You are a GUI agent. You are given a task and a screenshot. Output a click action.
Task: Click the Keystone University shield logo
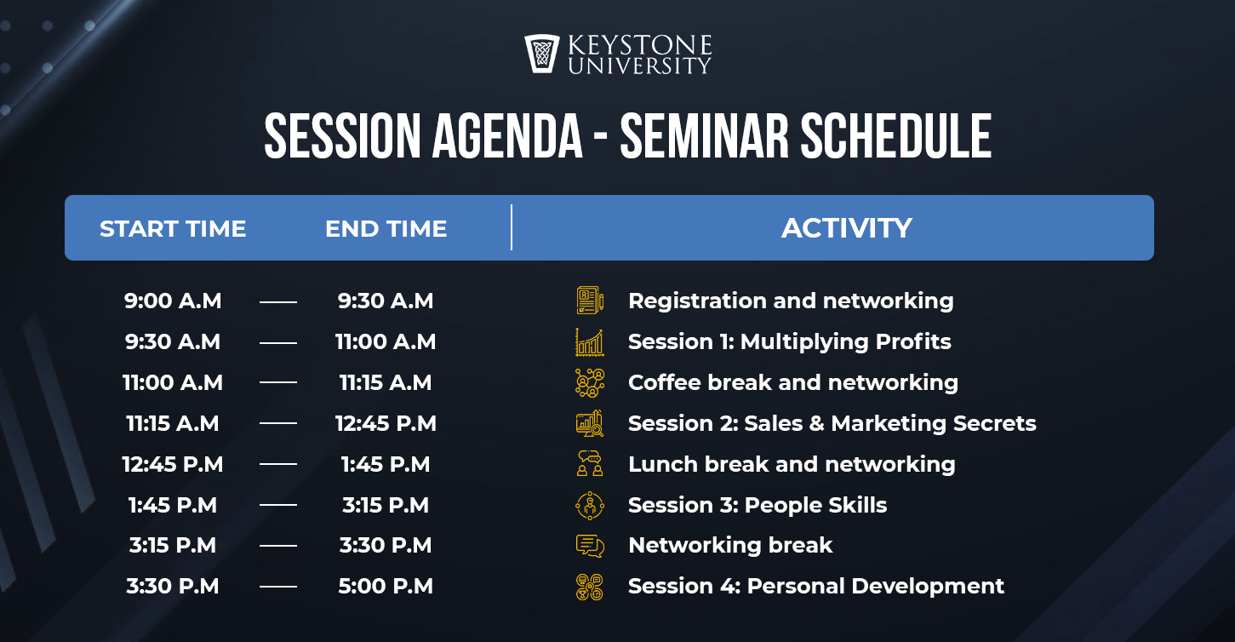pyautogui.click(x=541, y=54)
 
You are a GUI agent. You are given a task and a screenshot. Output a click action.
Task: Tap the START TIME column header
pyautogui.click(x=173, y=229)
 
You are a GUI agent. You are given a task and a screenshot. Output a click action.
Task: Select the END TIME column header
pyautogui.click(x=386, y=229)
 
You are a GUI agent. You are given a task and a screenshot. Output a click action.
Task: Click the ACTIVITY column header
pyautogui.click(x=847, y=228)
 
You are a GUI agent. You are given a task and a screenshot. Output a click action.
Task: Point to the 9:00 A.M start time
pyautogui.click(x=173, y=301)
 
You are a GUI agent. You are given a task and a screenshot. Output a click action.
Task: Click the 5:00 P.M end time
pyautogui.click(x=386, y=586)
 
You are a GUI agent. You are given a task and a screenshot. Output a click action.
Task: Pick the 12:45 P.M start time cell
pyautogui.click(x=173, y=464)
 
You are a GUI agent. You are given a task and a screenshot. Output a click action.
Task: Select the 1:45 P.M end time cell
pyautogui.click(x=386, y=464)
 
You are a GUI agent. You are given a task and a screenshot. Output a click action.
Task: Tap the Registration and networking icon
pyautogui.click(x=590, y=301)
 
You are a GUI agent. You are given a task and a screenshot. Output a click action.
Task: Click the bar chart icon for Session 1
pyautogui.click(x=590, y=342)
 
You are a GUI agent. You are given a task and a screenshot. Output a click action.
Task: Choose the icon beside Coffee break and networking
pyautogui.click(x=590, y=383)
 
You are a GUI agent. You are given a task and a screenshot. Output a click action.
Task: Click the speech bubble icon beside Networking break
pyautogui.click(x=590, y=546)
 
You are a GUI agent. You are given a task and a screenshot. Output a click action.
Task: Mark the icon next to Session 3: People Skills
pyautogui.click(x=590, y=505)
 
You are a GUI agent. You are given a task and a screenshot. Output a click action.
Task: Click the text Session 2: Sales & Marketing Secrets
pyautogui.click(x=832, y=423)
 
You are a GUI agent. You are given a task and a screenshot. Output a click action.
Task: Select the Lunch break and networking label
pyautogui.click(x=792, y=464)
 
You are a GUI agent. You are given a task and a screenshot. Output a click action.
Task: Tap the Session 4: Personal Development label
pyautogui.click(x=816, y=586)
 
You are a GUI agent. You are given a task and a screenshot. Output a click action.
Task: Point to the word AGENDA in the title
pyautogui.click(x=507, y=136)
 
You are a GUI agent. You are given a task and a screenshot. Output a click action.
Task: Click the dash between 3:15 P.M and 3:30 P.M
pyautogui.click(x=278, y=546)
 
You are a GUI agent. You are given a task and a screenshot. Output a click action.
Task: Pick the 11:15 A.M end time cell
pyautogui.click(x=386, y=382)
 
